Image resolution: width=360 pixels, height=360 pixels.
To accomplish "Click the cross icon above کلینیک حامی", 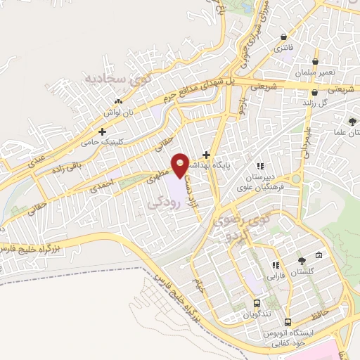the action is pos(103,131).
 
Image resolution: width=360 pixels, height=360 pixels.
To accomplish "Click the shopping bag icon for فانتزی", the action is pos(283,37).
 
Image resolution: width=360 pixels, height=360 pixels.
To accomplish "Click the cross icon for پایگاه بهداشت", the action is pos(206,155).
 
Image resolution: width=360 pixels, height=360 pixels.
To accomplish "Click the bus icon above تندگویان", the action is pos(257,304).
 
